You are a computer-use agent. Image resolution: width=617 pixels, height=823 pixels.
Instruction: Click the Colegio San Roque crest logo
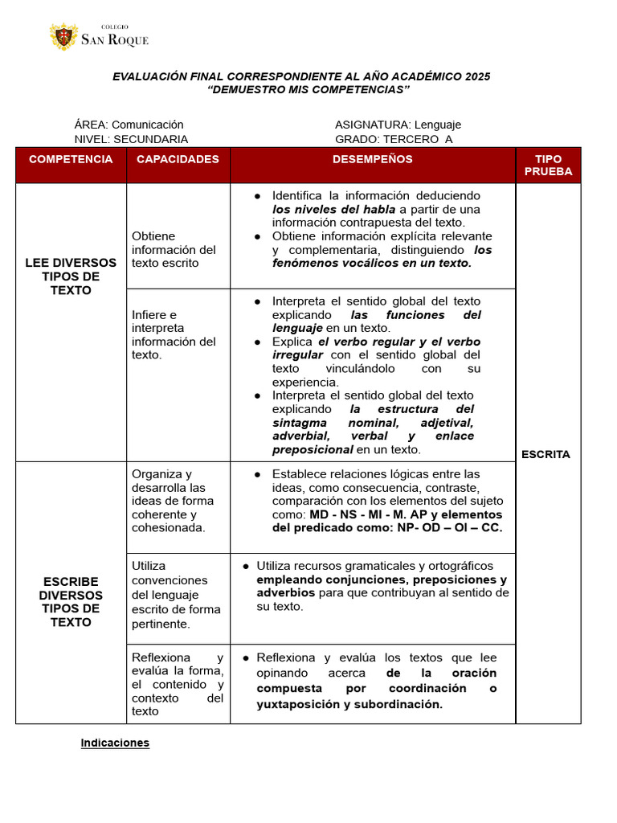coord(63,37)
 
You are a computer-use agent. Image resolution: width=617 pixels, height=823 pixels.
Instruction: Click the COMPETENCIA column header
coord(71,159)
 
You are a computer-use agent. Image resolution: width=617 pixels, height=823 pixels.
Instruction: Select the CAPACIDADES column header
coord(178,159)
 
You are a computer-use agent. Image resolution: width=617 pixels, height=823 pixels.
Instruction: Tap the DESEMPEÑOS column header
coord(373,159)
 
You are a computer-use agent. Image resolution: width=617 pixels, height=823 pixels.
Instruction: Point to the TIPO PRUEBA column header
coord(548,166)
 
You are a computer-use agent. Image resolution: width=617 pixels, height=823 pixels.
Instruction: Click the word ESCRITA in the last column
coord(545,454)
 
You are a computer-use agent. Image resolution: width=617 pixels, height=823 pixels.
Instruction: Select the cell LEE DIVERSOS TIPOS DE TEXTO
coord(71,276)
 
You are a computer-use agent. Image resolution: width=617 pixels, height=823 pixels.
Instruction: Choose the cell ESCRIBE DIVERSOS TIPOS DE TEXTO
coord(71,602)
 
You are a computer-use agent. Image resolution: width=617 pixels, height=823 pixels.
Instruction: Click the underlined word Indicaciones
coord(115,743)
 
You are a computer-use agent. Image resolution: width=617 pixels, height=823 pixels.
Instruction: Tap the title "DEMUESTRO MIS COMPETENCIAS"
coord(308,90)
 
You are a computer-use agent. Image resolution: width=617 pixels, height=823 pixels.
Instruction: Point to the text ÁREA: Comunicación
coord(129,125)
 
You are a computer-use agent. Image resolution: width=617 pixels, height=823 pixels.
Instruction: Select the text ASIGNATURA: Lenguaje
coord(398,125)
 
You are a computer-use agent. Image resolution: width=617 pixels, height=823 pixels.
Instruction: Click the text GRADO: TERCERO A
coord(394,139)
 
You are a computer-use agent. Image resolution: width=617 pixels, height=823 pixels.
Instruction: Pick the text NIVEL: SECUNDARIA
coord(131,139)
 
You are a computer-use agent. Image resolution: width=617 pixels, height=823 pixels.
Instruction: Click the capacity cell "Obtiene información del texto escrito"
coord(174,249)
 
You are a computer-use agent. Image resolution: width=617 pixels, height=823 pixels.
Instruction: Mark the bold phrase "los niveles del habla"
coord(333,209)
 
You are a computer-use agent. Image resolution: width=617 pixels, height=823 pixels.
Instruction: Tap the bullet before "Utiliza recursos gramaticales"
coord(246,567)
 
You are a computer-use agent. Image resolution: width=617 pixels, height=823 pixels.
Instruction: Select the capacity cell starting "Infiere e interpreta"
coord(174,334)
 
